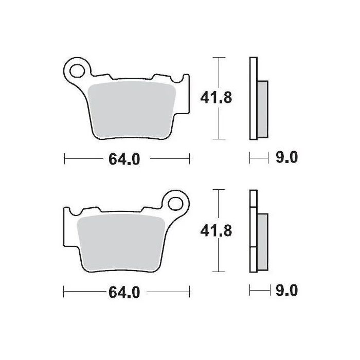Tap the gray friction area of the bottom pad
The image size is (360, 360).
pos(121,241)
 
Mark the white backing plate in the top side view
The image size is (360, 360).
pos(253,98)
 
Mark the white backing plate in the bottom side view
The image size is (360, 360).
pos(253,231)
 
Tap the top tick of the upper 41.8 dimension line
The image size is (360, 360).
pos(220,57)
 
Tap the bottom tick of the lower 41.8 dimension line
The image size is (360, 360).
pos(220,272)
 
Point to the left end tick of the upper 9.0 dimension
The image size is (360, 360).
pos(250,158)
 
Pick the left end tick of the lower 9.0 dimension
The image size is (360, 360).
pos(250,292)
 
